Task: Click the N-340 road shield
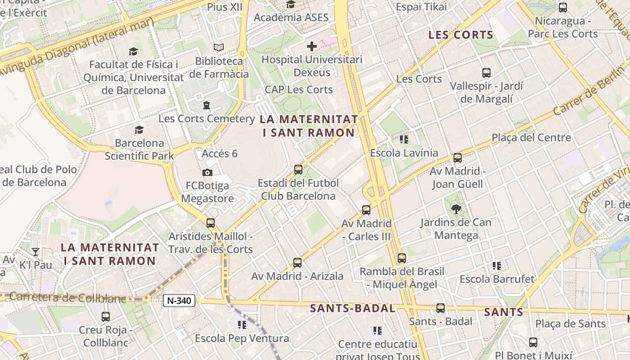coord(179,301)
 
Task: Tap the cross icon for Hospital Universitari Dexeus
coord(311,46)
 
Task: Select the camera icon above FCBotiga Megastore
coord(207,172)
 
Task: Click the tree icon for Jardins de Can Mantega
coord(456,209)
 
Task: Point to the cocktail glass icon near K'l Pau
coord(36,252)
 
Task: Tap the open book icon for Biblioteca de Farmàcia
coord(219,47)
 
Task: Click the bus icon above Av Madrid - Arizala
coord(297,263)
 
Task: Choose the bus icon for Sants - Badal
coord(440,308)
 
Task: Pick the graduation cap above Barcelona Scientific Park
coord(139,130)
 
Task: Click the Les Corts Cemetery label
coord(207,119)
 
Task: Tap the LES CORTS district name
coord(461,35)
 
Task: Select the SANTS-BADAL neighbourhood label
coord(352,308)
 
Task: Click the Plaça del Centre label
coord(531,137)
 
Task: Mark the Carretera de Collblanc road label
coord(67,297)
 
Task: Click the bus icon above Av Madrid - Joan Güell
coord(458,158)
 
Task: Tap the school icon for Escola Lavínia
coord(404,139)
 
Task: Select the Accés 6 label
coord(220,153)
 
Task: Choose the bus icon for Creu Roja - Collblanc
coord(106,317)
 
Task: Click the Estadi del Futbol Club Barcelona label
coord(298,189)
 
